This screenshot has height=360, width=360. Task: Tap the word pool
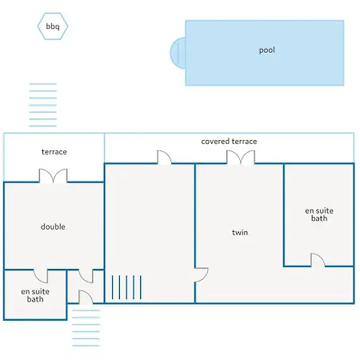click(x=267, y=50)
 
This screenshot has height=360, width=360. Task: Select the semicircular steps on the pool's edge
click(x=178, y=53)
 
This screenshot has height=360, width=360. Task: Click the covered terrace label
click(x=229, y=142)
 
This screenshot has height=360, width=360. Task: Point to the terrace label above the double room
click(x=54, y=152)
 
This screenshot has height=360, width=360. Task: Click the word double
click(x=53, y=226)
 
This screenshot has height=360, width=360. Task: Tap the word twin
click(x=240, y=233)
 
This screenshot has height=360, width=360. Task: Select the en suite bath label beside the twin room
click(x=319, y=214)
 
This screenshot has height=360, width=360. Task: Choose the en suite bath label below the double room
click(x=35, y=295)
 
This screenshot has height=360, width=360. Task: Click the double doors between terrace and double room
click(x=54, y=176)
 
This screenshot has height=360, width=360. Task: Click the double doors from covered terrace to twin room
click(x=241, y=157)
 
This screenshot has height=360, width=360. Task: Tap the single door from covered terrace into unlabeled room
click(x=164, y=158)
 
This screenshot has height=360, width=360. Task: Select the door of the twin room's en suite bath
click(x=318, y=260)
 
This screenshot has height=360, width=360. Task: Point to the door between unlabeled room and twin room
click(x=202, y=275)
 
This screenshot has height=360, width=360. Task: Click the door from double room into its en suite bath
click(x=41, y=276)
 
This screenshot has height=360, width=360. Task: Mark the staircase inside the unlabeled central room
click(x=126, y=287)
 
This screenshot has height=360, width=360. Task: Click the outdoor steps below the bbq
click(x=43, y=105)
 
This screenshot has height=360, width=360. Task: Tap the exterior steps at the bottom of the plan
click(x=86, y=328)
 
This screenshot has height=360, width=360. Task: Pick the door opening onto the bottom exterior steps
click(x=86, y=297)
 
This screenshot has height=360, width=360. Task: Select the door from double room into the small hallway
click(x=86, y=276)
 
